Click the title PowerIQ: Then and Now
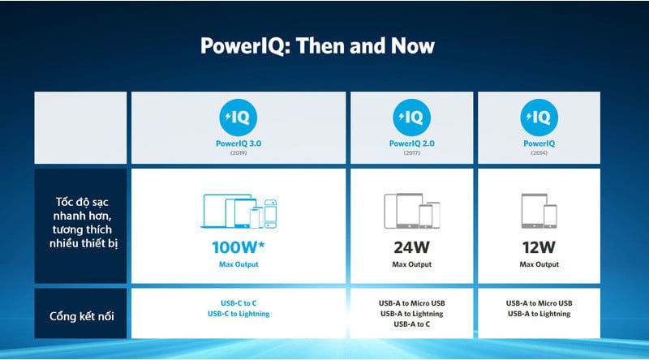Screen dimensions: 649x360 317,46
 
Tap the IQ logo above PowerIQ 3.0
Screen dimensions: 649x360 238,118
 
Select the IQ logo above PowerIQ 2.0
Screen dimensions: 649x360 411,118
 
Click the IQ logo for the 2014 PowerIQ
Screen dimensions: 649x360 539,118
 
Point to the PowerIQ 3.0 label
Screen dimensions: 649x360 239,144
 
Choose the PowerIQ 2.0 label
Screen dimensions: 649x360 412,144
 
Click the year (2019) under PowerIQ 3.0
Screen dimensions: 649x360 239,153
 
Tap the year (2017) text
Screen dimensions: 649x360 412,153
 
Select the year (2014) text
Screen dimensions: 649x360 539,153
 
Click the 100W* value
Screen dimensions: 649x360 239,247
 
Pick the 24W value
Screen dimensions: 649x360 412,247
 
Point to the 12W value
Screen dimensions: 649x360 539,247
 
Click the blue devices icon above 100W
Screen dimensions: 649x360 239,211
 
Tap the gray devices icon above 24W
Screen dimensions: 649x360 412,211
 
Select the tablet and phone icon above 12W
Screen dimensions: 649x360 539,211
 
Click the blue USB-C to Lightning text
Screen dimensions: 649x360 239,314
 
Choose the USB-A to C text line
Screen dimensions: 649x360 412,324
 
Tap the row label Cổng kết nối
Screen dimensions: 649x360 82,316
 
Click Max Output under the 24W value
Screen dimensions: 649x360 412,264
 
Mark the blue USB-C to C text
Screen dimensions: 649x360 239,303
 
